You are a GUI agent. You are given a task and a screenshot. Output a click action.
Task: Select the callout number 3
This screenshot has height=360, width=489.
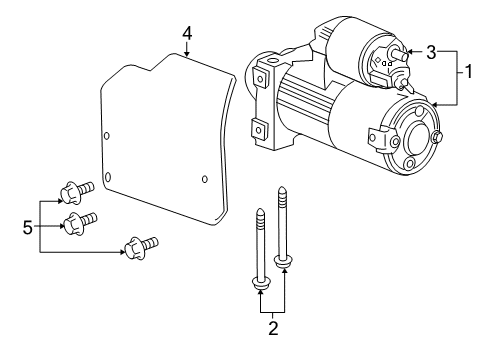coord(431,52)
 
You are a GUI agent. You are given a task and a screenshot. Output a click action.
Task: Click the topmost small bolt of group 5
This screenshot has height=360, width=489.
coord(76,188)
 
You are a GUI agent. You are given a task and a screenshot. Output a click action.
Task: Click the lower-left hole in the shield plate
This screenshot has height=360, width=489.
coord(110,182)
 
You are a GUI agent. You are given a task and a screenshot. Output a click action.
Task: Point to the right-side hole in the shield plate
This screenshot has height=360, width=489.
coord(204,179)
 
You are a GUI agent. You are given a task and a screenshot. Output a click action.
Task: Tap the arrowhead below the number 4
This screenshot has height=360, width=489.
coord(188,56)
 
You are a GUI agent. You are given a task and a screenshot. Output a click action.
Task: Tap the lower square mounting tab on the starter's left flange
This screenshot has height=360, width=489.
coord(257,128)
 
